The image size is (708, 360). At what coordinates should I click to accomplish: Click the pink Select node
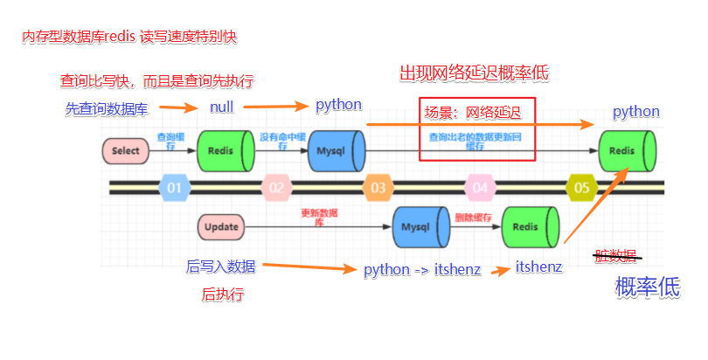point(126,151)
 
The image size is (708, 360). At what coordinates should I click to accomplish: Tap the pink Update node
point(222,227)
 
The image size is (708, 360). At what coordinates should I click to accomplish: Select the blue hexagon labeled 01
point(174,187)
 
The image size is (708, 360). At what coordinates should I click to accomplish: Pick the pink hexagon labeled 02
point(276,187)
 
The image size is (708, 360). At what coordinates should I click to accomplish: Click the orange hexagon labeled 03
point(378,187)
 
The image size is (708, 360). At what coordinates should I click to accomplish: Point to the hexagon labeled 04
point(480,187)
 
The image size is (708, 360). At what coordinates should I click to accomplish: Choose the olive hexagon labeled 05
point(582,187)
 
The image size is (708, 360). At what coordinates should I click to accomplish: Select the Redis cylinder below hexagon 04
point(530,227)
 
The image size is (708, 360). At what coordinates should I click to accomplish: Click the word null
point(222,107)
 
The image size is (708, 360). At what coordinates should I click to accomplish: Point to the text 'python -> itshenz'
point(422,269)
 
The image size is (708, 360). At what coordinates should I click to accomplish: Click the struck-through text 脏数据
point(615,255)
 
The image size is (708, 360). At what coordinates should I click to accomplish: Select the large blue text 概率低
point(647,287)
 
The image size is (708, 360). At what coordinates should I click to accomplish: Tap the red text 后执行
point(223,295)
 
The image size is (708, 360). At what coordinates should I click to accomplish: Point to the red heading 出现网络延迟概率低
point(475,73)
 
